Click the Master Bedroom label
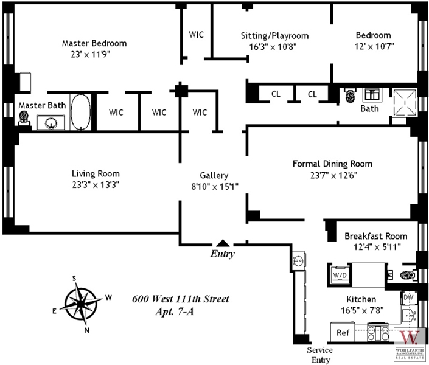click(94, 43)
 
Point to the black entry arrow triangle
click(223, 243)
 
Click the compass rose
click(80, 304)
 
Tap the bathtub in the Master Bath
click(81, 112)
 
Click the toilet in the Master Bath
click(24, 118)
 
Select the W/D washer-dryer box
click(338, 274)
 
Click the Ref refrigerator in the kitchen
click(343, 333)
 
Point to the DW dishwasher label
click(409, 297)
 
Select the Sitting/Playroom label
click(274, 36)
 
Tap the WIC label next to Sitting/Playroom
click(196, 34)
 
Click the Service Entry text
click(319, 354)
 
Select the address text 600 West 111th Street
click(181, 299)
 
